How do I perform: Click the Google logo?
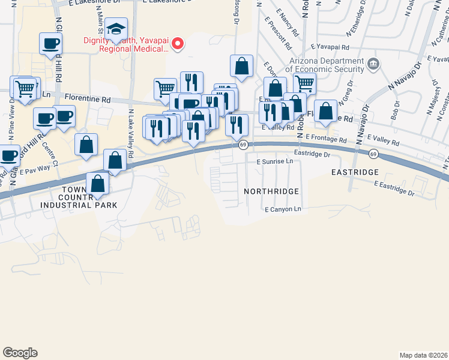tap(20, 353)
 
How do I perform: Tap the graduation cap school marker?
tap(115, 29)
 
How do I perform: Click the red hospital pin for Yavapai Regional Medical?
tap(178, 43)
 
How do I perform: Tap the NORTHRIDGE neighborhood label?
tap(271, 191)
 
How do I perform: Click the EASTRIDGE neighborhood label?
tap(355, 172)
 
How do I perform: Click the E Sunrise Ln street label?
tap(276, 162)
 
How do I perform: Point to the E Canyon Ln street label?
tap(283, 209)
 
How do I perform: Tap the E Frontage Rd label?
tap(326, 137)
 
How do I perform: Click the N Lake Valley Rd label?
tap(130, 128)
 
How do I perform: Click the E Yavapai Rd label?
tap(330, 46)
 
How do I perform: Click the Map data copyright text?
tap(423, 355)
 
